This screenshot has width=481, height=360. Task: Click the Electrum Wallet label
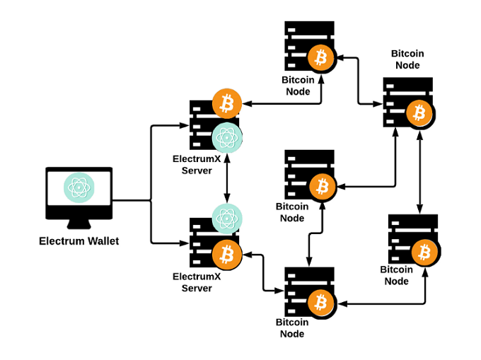[x=79, y=241]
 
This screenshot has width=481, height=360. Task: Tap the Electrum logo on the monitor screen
[x=79, y=187]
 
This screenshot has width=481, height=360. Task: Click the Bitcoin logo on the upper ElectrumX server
[x=227, y=104]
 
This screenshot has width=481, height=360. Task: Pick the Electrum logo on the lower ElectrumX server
[x=227, y=218]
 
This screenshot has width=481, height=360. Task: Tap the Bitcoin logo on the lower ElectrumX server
[x=227, y=252]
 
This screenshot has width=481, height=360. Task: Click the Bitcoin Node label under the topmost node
[x=298, y=86]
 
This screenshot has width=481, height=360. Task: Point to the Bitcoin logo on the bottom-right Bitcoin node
[x=425, y=251]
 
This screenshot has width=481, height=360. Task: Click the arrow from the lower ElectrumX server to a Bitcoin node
[x=262, y=272]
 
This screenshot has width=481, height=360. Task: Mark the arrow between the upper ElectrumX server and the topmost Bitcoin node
[x=283, y=104]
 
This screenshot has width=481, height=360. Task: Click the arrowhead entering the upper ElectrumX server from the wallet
[x=182, y=127]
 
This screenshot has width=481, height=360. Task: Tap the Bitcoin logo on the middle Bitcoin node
[x=323, y=187]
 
